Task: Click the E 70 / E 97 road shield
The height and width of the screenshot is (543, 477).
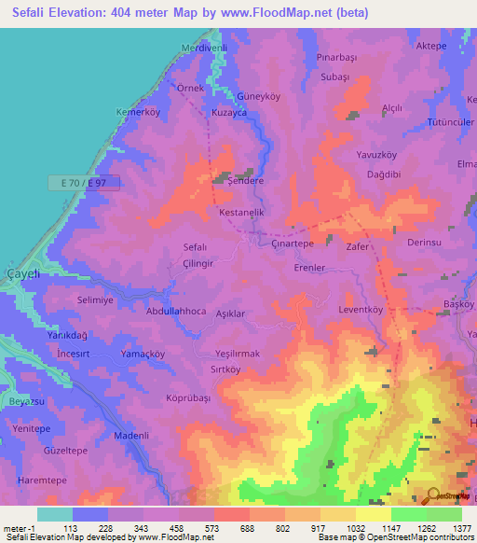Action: click(x=84, y=184)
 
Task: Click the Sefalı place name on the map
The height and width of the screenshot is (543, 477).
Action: click(x=194, y=247)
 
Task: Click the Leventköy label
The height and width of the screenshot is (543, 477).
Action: click(x=361, y=309)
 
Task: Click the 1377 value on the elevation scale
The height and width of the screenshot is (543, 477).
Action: click(x=460, y=527)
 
